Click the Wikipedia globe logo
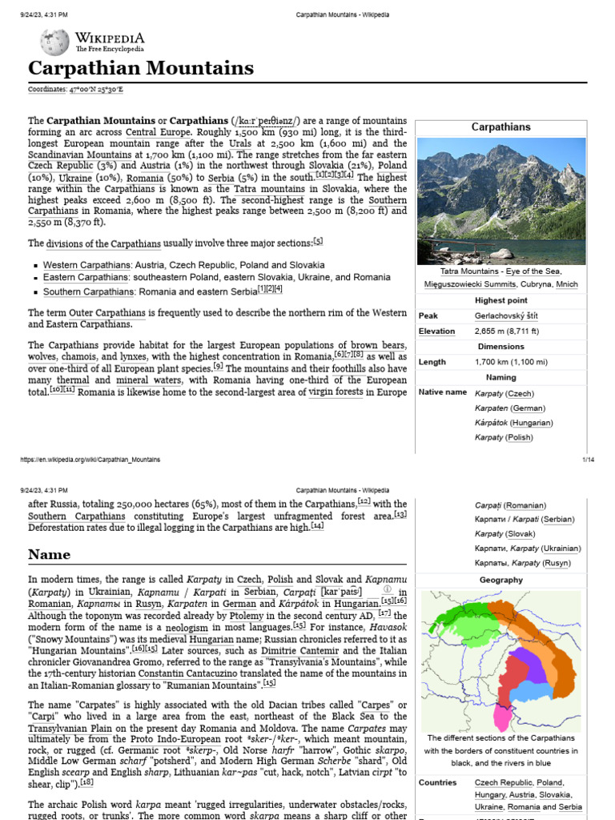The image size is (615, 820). point(54,42)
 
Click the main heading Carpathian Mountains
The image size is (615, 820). point(141,68)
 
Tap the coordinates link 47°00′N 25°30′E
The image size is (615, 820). point(89,90)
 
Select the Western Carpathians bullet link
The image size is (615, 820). point(86,265)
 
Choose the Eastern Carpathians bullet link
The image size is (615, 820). point(86,277)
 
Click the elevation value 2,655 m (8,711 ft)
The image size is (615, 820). point(507,331)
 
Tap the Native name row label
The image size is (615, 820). point(442,392)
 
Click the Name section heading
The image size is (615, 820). point(49,554)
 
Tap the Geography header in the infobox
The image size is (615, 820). point(500,580)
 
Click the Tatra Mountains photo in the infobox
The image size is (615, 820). point(500,201)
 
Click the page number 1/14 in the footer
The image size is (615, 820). point(587,460)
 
